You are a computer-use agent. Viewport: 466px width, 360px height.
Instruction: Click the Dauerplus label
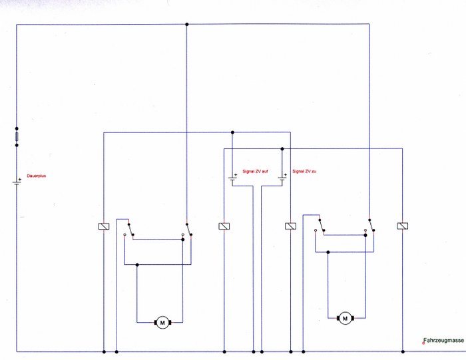pos(36,176)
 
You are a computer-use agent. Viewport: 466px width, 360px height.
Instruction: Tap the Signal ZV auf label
pos(256,172)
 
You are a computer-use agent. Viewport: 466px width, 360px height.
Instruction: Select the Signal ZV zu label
pos(304,172)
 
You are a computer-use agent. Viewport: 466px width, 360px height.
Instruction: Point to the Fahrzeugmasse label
pos(444,341)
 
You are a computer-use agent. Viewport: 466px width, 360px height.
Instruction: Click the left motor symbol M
pos(162,322)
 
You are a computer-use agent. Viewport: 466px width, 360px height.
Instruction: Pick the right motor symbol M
pos(345,319)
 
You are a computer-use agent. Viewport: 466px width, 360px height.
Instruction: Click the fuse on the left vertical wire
pos(17,136)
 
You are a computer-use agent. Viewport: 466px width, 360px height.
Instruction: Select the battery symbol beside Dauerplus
pos(17,182)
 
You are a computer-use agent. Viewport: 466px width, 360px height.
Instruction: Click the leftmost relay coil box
pos(104,226)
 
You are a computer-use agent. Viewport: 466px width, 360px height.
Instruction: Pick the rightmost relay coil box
pos(402,226)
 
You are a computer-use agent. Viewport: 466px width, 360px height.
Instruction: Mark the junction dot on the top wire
pos(186,25)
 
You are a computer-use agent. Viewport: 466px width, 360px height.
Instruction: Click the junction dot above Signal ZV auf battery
pos(232,132)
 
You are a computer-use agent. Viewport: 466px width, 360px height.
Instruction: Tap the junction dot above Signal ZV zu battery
pos(282,149)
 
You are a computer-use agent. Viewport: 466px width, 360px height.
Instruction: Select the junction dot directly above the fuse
pos(17,128)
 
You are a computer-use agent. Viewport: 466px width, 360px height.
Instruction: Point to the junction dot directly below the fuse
pos(17,145)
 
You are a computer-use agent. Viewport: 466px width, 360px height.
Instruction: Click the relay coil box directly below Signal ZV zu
pos(290,226)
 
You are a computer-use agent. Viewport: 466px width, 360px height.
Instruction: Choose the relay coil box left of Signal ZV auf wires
pos(224,226)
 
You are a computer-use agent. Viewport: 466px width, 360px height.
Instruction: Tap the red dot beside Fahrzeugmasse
pos(423,343)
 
